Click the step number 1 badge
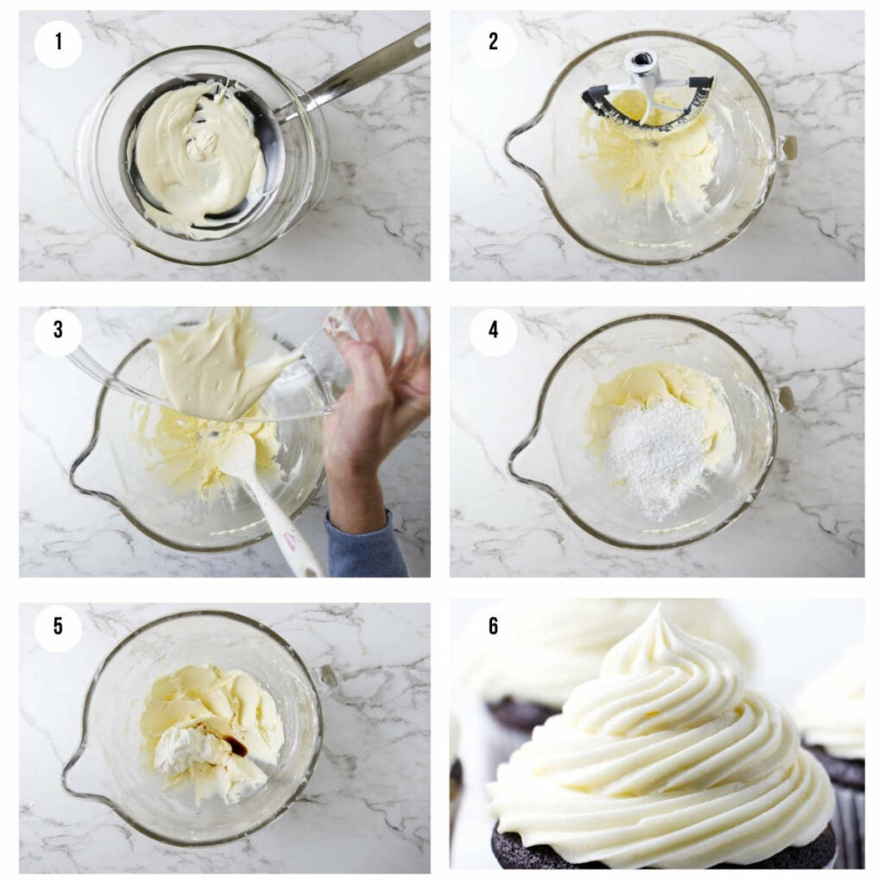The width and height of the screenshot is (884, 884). click(x=58, y=41)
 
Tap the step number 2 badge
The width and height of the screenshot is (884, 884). click(x=493, y=41)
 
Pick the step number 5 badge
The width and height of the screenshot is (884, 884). click(x=58, y=626)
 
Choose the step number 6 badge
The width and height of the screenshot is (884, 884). click(x=493, y=626)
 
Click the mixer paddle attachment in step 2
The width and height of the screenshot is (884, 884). click(x=647, y=91)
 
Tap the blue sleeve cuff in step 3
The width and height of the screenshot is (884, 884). click(x=367, y=544)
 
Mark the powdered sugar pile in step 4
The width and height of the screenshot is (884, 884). click(x=656, y=453)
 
